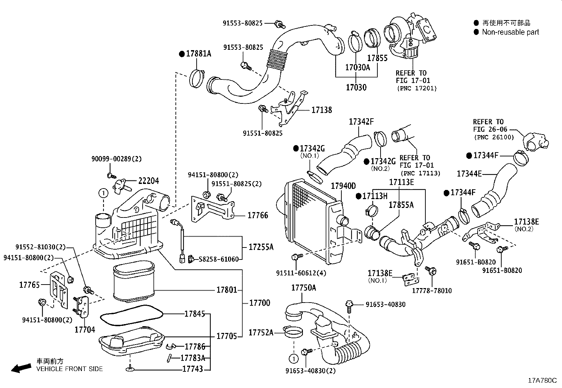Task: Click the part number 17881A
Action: coord(198,54)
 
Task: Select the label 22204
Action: coord(148,181)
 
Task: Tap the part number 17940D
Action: coord(343,186)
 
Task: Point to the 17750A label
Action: coord(303,288)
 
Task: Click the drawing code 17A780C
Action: coord(542,381)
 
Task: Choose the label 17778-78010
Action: coord(432,291)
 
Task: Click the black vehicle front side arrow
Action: coord(21,368)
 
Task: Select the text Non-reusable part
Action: coord(510,32)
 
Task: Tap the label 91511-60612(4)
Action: coord(301,273)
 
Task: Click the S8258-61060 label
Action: coord(219,259)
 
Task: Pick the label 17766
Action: coord(258,215)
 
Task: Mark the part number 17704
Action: coord(85,329)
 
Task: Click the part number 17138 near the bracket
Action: coord(321,110)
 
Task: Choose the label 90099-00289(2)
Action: coord(116,159)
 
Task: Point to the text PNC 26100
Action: coord(494,137)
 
